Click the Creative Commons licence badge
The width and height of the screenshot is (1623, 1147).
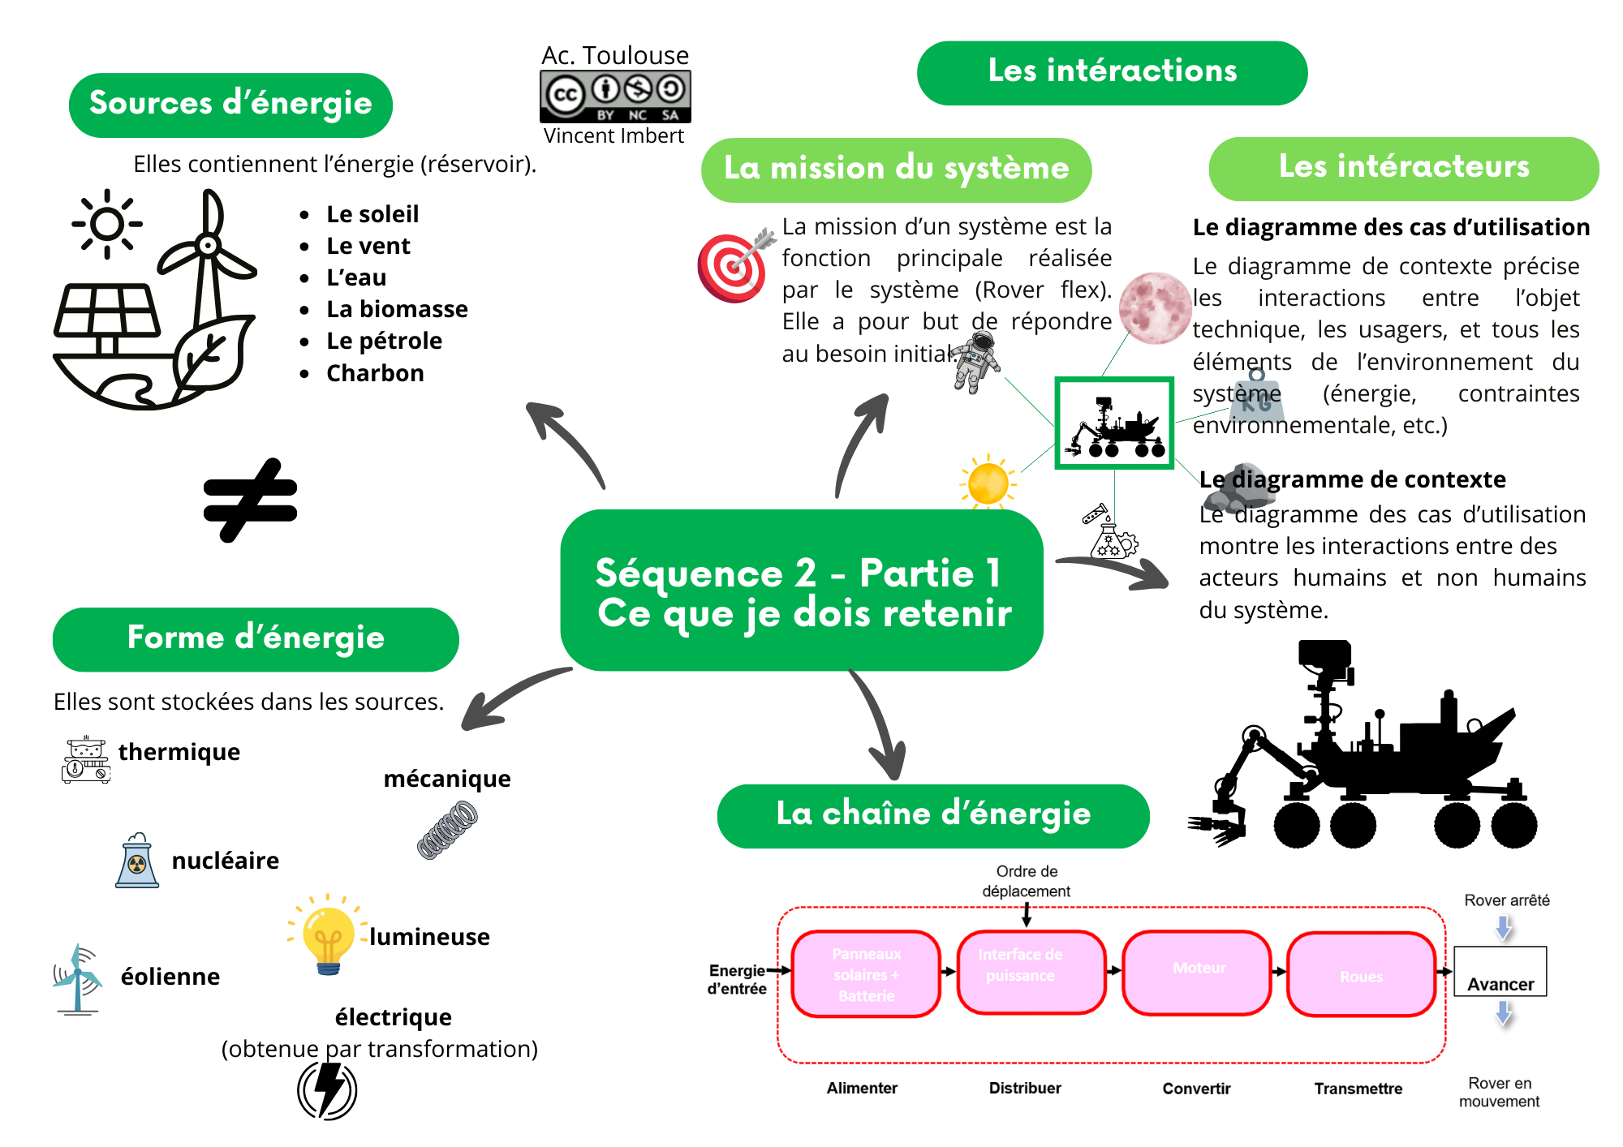615,97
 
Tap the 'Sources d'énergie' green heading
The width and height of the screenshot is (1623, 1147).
230,105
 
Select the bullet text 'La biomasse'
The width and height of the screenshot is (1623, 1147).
397,309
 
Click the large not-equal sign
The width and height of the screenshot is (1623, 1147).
251,500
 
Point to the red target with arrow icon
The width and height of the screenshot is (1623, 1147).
734,264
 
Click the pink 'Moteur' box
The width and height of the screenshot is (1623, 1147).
1197,973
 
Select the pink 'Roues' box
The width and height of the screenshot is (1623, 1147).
1361,974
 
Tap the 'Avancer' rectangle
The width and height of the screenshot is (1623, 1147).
1500,972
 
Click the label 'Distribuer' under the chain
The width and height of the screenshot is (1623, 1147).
1025,1088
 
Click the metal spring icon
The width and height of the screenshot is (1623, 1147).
447,829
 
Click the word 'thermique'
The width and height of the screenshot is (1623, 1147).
179,752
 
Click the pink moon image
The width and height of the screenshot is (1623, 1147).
1154,308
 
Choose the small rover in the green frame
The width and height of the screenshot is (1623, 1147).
1114,423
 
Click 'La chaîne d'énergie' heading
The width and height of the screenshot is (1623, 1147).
933,815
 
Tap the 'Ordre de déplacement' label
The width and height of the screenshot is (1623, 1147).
1027,881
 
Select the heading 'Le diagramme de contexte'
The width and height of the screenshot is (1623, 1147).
1353,479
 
